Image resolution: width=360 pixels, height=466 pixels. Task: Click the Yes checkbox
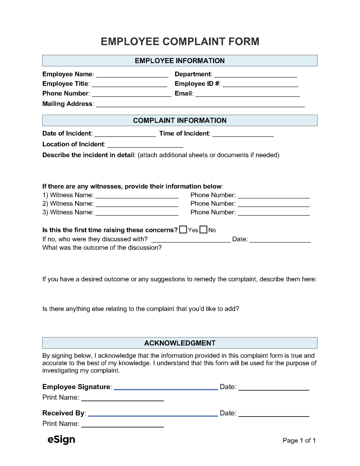183,230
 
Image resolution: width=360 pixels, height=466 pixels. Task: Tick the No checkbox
204,230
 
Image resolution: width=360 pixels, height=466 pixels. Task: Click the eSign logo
61,440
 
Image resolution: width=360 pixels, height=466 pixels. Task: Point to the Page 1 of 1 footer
299,441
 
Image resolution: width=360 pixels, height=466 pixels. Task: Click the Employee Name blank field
132,75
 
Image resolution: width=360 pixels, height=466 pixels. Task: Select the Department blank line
255,75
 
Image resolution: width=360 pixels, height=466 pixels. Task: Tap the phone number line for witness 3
274,213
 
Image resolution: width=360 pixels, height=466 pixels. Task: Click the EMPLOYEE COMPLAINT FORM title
180,42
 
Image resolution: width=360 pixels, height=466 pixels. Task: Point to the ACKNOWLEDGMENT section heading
180,343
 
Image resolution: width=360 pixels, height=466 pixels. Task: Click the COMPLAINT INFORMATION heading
180,120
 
